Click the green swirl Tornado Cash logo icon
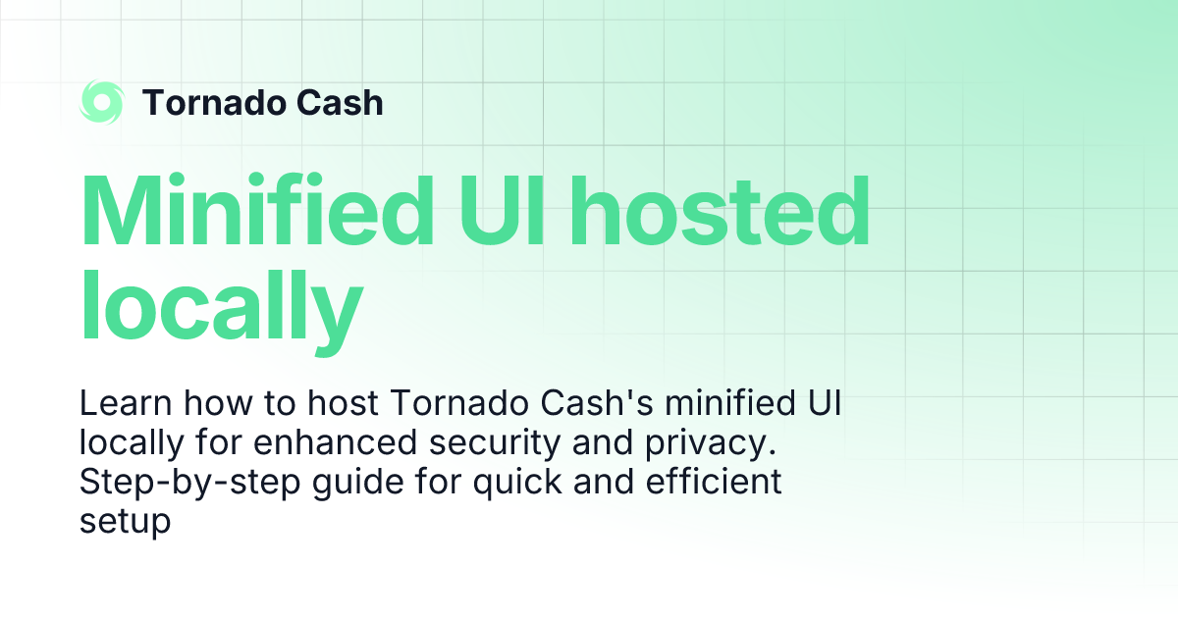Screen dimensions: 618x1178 102,102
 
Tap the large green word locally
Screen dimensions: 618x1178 222,300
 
